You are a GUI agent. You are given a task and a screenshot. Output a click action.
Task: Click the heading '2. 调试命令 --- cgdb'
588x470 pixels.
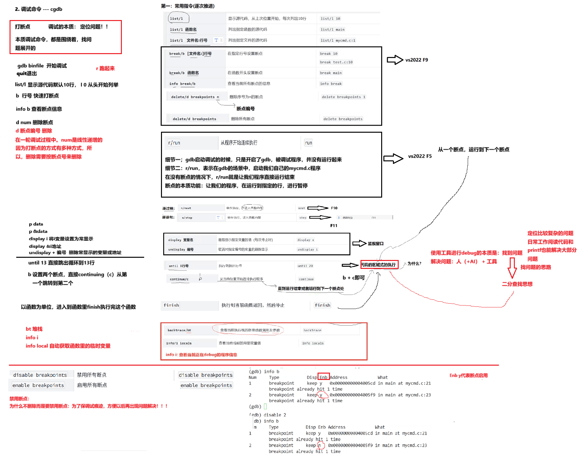38,9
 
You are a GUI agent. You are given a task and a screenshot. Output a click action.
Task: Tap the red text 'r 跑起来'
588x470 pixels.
105,68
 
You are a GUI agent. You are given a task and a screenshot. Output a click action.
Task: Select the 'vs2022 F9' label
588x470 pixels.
416,60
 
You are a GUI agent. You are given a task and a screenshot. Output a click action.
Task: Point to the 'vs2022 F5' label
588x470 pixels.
420,156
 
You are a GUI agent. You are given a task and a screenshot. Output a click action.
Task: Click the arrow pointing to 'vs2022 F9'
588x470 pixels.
395,60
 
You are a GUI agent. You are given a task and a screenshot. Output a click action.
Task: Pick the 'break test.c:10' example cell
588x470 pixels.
336,62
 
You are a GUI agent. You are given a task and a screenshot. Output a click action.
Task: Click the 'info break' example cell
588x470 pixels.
331,84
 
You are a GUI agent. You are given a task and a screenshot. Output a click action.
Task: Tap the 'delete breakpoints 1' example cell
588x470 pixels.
343,97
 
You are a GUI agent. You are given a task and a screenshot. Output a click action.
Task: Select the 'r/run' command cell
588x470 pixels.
174,143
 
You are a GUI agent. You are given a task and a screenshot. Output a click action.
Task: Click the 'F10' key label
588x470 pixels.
334,208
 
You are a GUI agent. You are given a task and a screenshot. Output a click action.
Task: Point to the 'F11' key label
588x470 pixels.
333,226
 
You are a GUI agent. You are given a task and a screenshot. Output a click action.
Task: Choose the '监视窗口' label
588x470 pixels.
375,244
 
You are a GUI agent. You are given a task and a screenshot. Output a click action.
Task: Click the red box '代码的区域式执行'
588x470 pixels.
379,265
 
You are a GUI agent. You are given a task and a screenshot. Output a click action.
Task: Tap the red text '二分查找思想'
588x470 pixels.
517,284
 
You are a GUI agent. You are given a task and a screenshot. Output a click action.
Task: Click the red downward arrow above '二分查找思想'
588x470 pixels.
512,268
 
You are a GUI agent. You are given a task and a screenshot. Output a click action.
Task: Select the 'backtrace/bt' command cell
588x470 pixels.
179,330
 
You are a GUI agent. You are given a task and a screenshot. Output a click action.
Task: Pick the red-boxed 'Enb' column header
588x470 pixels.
324,377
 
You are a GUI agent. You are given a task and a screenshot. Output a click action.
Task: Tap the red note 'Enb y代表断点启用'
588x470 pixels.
468,375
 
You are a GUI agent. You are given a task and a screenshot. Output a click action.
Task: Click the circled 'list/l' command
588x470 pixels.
177,19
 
